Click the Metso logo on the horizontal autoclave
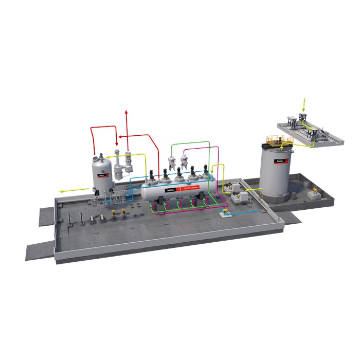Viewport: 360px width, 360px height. pos(170,189)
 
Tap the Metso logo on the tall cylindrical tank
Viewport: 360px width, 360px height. pos(281,161)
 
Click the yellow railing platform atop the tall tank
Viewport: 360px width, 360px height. pos(276,139)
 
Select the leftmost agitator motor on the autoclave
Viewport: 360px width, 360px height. pos(153,175)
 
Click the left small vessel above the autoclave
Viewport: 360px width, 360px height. pos(171,158)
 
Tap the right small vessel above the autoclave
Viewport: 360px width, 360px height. pos(184,157)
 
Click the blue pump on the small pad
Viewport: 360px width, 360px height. pos(225,211)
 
